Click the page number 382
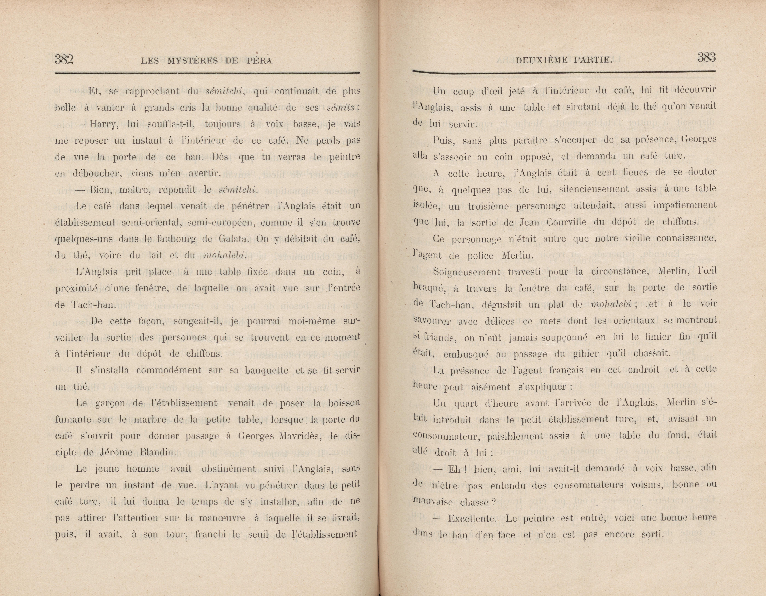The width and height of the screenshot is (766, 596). coord(64,59)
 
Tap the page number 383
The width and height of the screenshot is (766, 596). coord(706,57)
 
